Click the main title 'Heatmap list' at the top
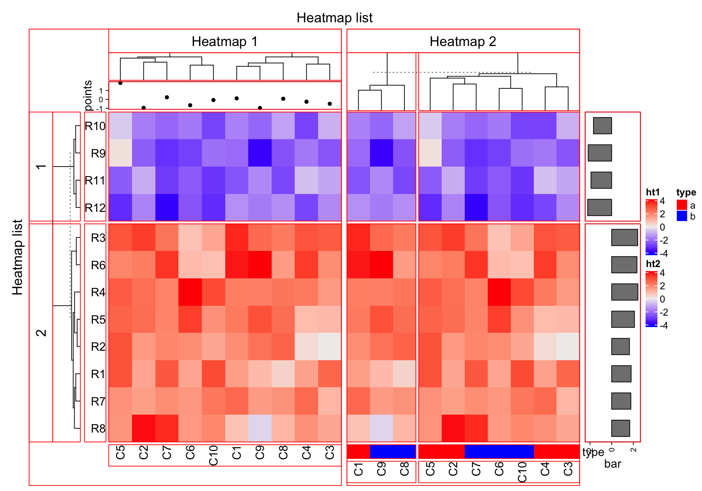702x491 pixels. pyautogui.click(x=334, y=18)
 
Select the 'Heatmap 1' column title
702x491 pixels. pyautogui.click(x=224, y=41)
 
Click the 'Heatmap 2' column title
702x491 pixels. pyautogui.click(x=463, y=41)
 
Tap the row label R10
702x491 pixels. pyautogui.click(x=95, y=126)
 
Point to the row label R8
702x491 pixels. pyautogui.click(x=98, y=428)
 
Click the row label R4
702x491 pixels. pyautogui.click(x=98, y=292)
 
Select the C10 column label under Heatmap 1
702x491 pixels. pyautogui.click(x=214, y=456)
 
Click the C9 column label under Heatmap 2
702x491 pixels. pyautogui.click(x=381, y=469)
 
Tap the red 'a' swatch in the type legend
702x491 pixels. pyautogui.click(x=682, y=205)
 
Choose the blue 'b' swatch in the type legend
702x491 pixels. pyautogui.click(x=682, y=216)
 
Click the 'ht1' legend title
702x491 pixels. pyautogui.click(x=653, y=192)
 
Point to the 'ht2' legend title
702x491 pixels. pyautogui.click(x=653, y=264)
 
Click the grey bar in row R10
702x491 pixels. pyautogui.click(x=603, y=126)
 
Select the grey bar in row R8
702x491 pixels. pyautogui.click(x=620, y=428)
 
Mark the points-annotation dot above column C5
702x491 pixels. pyautogui.click(x=120, y=83)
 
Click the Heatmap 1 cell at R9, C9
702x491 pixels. pyautogui.click(x=260, y=153)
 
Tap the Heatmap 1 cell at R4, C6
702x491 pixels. pyautogui.click(x=190, y=292)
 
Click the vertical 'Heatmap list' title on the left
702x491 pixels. pyautogui.click(x=17, y=257)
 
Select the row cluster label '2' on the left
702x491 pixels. pyautogui.click(x=41, y=332)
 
